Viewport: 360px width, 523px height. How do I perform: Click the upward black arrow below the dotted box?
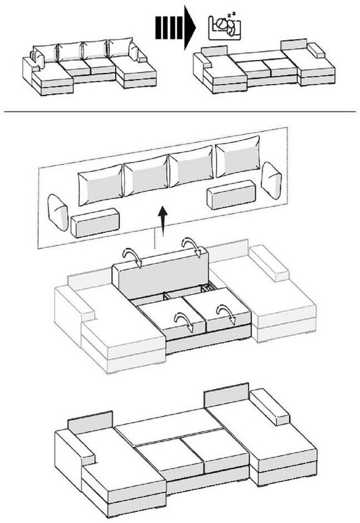tap(162, 220)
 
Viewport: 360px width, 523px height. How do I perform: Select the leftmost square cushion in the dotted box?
tap(100, 185)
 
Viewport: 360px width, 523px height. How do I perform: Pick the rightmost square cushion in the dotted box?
tap(238, 156)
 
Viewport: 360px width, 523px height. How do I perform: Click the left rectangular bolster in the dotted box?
tap(95, 222)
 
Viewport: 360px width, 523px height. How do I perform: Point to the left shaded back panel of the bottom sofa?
tap(90, 421)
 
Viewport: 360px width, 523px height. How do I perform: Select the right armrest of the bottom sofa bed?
tap(269, 407)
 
